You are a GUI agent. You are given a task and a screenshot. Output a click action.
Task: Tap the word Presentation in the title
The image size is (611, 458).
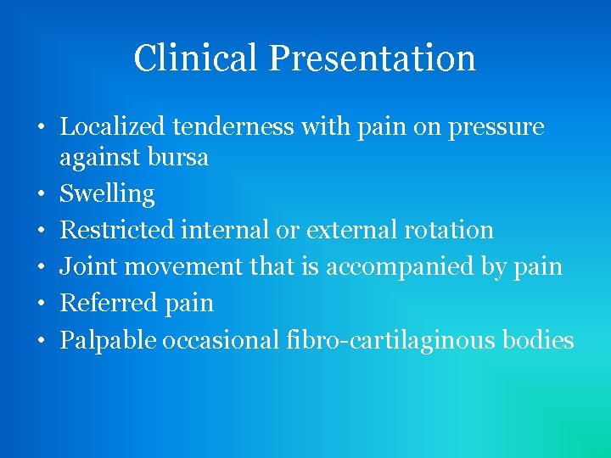373,59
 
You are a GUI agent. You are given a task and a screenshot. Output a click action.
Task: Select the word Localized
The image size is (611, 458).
112,127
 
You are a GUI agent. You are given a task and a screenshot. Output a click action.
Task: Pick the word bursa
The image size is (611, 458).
177,158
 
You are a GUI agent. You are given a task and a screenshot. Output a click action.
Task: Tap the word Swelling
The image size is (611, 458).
107,194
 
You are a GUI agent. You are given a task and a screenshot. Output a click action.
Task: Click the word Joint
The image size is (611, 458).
87,266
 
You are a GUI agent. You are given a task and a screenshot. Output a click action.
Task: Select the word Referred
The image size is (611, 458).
103,303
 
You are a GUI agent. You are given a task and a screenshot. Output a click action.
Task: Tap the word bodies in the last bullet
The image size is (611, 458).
538,340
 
